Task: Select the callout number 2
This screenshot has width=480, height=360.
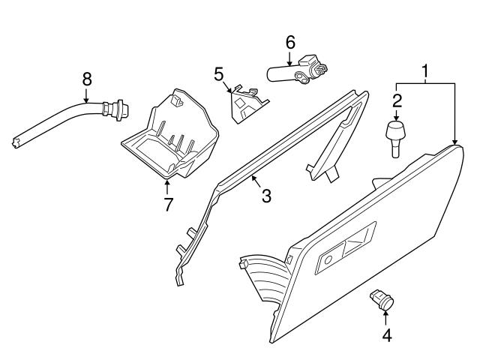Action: (397, 100)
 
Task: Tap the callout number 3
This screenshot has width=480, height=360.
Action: (266, 196)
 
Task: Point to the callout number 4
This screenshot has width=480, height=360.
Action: (387, 335)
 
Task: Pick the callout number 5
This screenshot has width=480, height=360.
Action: (219, 73)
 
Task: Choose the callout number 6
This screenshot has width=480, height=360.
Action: (289, 43)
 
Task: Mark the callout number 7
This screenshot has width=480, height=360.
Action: (166, 204)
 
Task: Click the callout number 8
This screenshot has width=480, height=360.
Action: (86, 77)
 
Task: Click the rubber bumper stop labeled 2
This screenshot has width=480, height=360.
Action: (397, 136)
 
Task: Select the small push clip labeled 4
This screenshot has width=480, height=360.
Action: (382, 301)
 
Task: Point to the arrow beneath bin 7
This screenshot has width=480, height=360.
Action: (166, 187)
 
